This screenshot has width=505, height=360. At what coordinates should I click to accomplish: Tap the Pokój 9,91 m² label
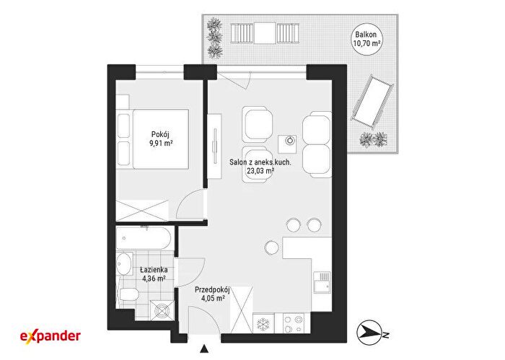[x=160, y=139]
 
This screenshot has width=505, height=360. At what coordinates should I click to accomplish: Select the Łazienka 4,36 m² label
[x=154, y=273]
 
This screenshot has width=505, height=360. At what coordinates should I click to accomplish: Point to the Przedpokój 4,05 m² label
[x=212, y=294]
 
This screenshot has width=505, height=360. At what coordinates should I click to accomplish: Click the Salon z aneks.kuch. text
[x=260, y=162]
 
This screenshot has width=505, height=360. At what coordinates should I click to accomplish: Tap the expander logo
[x=50, y=336]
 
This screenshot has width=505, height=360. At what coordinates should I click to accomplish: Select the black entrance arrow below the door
[x=203, y=349]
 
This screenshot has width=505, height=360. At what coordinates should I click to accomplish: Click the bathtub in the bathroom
[x=144, y=238]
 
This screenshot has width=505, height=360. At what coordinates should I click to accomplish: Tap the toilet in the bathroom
[x=128, y=294]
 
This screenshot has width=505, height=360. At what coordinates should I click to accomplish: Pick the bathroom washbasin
[x=124, y=264]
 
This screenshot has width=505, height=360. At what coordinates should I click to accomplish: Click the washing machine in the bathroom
[x=162, y=310]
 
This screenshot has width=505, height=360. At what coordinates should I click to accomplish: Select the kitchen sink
[x=322, y=282]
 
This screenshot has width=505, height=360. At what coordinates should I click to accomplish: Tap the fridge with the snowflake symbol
[x=264, y=323]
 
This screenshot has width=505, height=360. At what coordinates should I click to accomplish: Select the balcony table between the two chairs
[x=265, y=33]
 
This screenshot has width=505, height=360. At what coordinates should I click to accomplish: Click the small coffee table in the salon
[x=287, y=144]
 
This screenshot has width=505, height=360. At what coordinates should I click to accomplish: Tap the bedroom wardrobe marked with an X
[x=142, y=211]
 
